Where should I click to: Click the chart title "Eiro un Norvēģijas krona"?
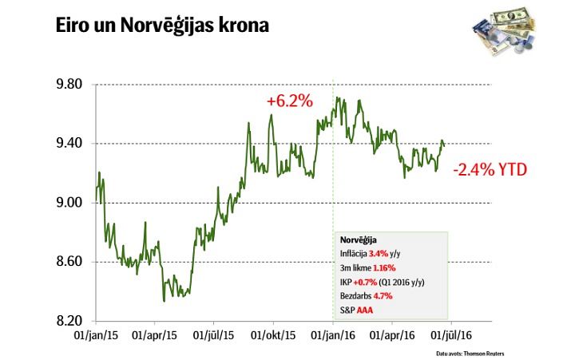click(x=162, y=26)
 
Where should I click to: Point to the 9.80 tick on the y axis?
click(x=70, y=85)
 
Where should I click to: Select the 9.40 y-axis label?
click(x=70, y=144)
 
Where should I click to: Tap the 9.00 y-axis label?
click(x=70, y=203)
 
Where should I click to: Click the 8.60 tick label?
click(x=70, y=262)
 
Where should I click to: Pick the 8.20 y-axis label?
click(x=70, y=321)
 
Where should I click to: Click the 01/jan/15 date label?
click(x=95, y=337)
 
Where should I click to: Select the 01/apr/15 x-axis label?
click(x=155, y=337)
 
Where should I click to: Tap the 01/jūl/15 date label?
click(x=214, y=337)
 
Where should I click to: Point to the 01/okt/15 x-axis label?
click(x=274, y=337)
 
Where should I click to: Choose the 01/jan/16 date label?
click(x=334, y=337)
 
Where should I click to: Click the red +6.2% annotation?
click(x=289, y=102)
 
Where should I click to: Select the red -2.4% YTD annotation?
click(x=490, y=170)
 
